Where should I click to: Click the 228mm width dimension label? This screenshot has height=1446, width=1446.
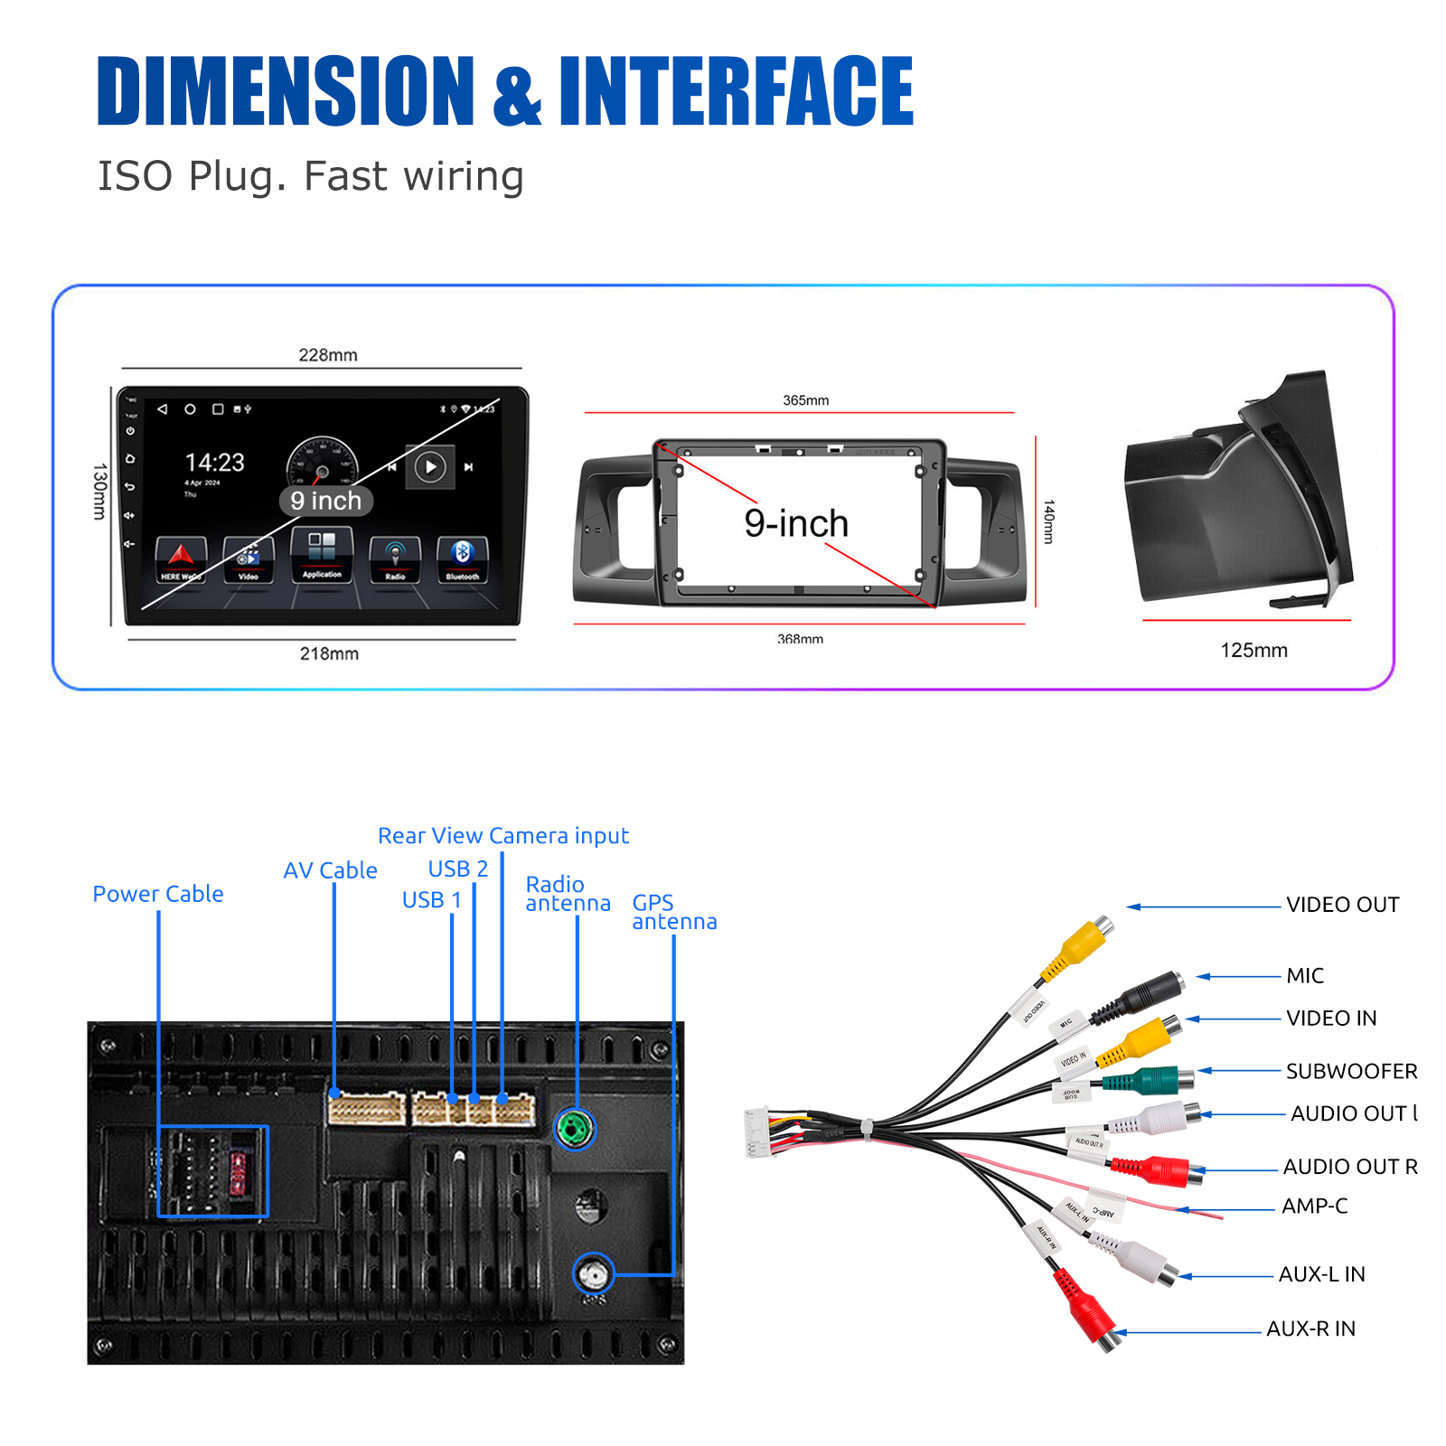coord(328,355)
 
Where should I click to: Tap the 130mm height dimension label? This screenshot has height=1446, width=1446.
coord(99,493)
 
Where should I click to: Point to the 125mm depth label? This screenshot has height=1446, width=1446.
coord(1254,651)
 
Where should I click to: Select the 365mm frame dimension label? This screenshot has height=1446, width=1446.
coord(805,400)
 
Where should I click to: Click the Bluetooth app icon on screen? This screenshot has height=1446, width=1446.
coord(462,558)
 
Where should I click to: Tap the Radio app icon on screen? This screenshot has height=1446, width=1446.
coord(395,558)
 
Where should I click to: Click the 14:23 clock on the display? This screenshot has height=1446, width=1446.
coord(215,463)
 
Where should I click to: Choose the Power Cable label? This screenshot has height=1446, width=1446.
coord(158,894)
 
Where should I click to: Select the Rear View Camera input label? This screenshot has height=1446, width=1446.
coord(502,836)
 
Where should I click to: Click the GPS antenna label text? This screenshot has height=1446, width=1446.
coord(673,912)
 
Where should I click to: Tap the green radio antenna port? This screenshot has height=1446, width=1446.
coord(575,1129)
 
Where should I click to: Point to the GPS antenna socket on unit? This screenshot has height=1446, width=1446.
coord(594,1274)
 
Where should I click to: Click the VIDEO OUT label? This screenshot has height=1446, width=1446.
coord(1342,905)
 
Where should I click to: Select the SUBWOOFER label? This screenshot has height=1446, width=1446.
coord(1351,1071)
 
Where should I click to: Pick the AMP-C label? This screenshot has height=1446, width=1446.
coord(1314,1206)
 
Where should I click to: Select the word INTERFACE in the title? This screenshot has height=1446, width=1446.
coord(736,90)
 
